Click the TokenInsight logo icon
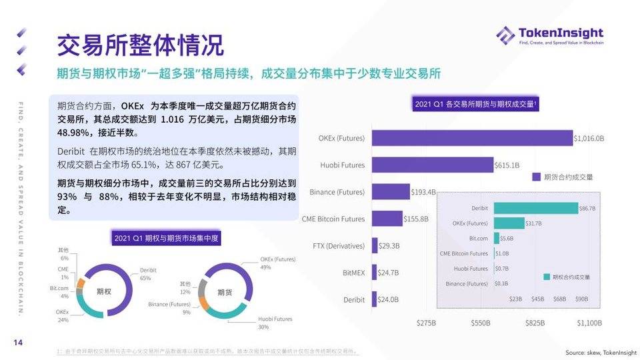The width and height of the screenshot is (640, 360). coord(505,35)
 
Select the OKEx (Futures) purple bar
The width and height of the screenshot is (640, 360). coord(472,138)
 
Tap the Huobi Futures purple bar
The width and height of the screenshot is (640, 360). coord(432,165)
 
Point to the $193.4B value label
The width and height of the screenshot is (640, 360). coord(423,192)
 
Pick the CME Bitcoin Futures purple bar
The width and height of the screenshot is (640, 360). coord(387,218)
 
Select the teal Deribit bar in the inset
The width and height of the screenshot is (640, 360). coord(535,208)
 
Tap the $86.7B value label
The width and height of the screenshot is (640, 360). coord(587,209)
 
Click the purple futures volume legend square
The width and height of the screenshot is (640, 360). coord(536,177)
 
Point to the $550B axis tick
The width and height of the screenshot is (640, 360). coord(481,323)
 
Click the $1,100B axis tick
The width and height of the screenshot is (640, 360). coord(589,323)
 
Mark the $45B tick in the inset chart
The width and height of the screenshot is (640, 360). coord(537,299)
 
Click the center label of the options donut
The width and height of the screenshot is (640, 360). coord(104,291)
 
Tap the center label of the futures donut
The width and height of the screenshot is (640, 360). coord(225,291)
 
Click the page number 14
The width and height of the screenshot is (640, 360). coord(18,343)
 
